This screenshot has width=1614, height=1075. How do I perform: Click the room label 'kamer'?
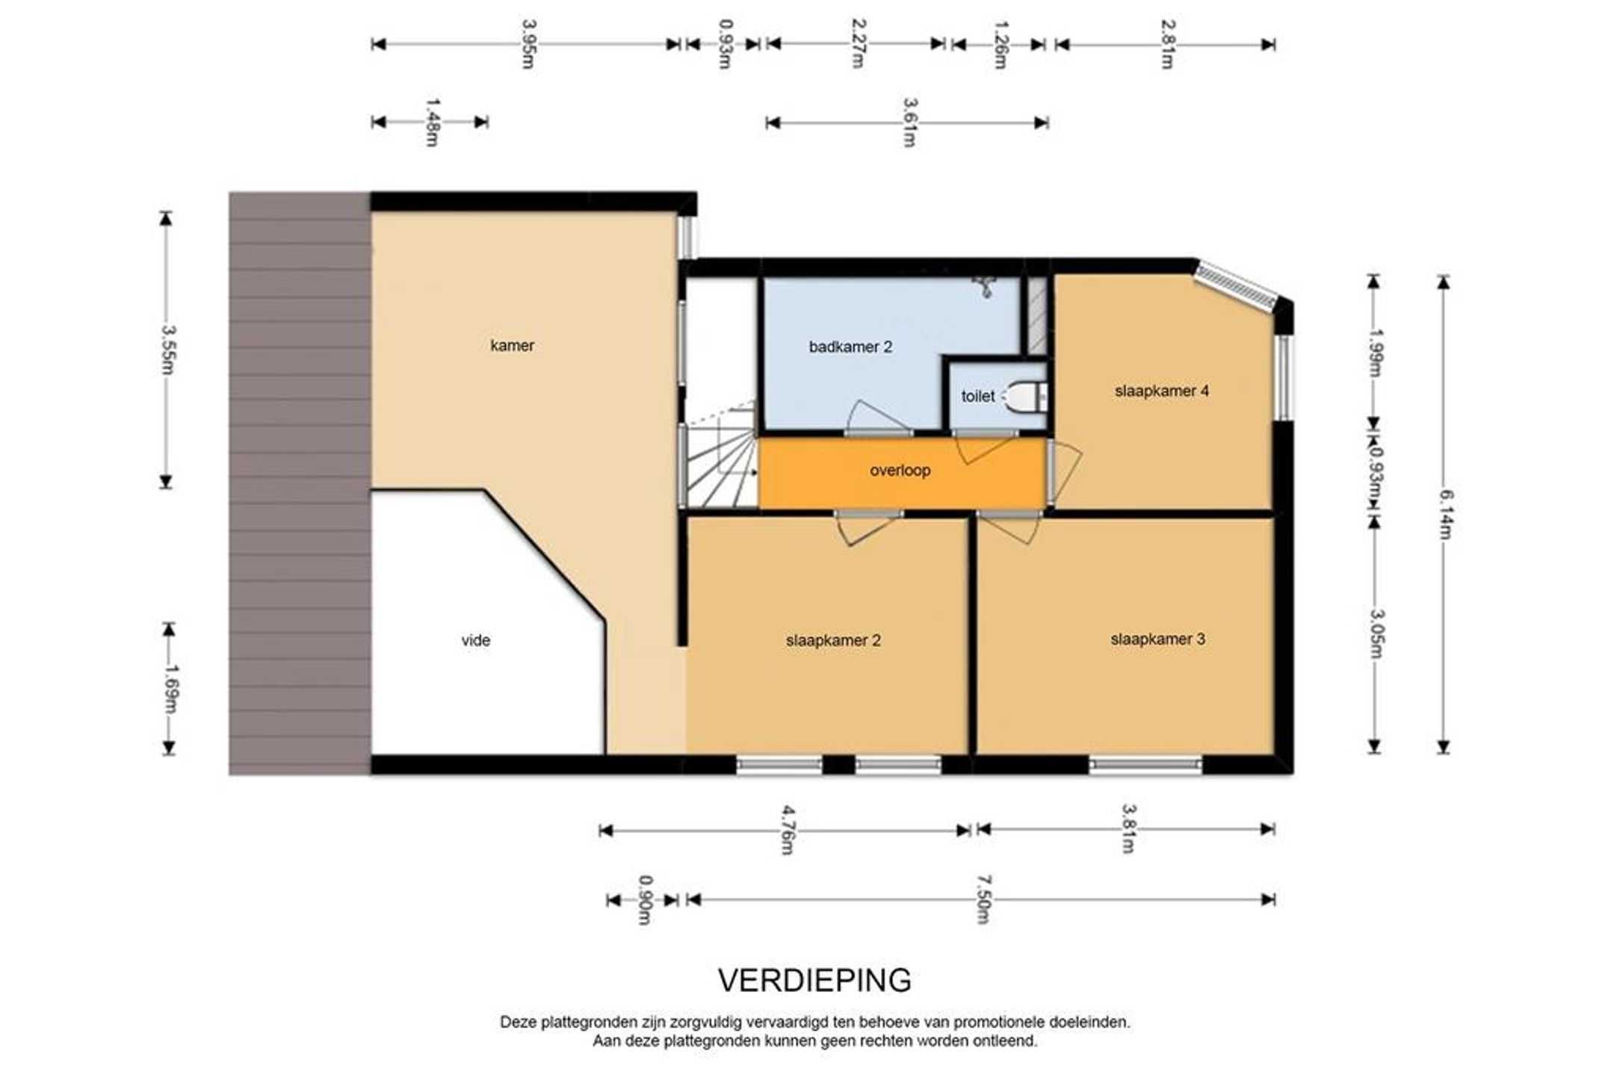(512, 345)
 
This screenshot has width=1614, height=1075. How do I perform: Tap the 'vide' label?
(476, 640)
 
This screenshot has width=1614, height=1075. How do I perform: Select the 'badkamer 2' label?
(850, 347)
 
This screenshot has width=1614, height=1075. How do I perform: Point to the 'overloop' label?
(900, 471)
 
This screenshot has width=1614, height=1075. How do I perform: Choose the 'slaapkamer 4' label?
(1162, 391)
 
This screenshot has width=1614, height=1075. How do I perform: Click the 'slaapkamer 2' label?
(833, 640)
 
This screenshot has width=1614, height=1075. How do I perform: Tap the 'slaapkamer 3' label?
(1157, 639)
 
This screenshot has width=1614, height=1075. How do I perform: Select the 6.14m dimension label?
(1444, 514)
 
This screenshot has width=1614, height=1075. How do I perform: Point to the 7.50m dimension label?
(983, 899)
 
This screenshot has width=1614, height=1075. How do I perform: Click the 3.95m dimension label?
(528, 43)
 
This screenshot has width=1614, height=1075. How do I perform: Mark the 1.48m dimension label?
(431, 122)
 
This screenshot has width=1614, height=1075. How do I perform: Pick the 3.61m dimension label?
(909, 123)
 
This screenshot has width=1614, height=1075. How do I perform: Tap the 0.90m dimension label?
(644, 900)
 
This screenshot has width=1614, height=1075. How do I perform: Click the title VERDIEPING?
(815, 980)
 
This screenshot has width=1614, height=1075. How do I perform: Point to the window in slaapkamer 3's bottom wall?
(1145, 764)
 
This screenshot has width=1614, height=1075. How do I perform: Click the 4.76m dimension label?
(786, 829)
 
